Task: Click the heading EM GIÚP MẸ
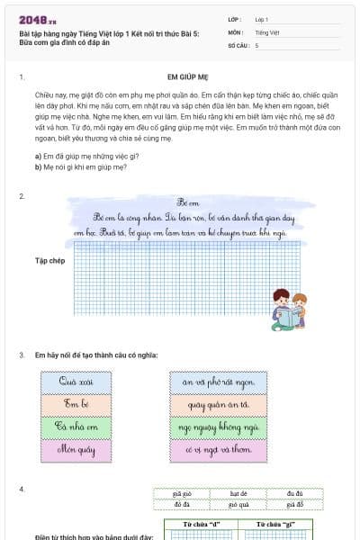pyautogui.click(x=187, y=78)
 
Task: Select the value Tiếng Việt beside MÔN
pyautogui.click(x=267, y=31)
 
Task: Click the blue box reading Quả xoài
pyautogui.click(x=76, y=382)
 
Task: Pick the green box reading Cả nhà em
pyautogui.click(x=76, y=425)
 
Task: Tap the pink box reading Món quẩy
pyautogui.click(x=76, y=446)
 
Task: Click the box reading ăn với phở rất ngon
pyautogui.click(x=219, y=382)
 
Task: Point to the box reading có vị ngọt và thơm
pyautogui.click(x=219, y=446)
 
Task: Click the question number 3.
pyautogui.click(x=22, y=355)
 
